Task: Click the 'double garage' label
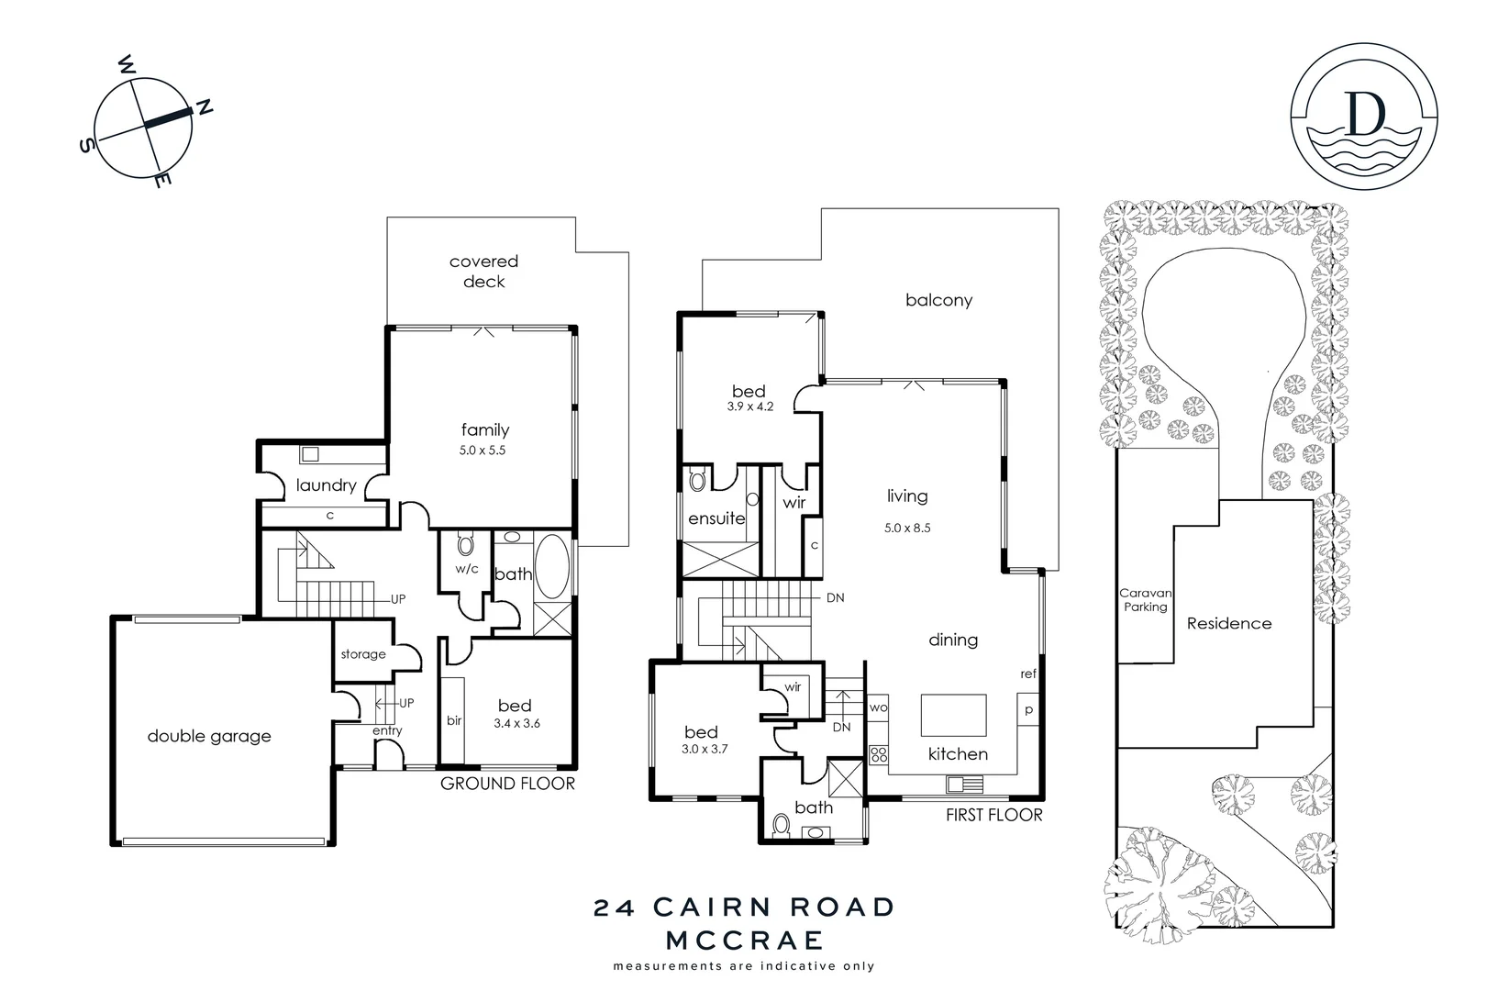coord(209,736)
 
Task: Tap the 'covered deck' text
coord(483,272)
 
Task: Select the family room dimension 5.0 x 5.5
coord(483,451)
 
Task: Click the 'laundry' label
coord(326,485)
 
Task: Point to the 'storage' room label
coord(363,654)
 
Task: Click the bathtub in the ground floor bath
coord(553,567)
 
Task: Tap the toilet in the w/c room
coord(466,545)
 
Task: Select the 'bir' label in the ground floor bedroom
coord(454,721)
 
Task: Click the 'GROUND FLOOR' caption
coord(507,784)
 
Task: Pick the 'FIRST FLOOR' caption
coord(994,815)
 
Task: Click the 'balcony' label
coord(938,300)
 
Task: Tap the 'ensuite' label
coord(716,518)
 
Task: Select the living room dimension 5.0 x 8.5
coord(907,528)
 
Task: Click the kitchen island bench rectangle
coord(953,715)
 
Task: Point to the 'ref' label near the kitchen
coord(1028,674)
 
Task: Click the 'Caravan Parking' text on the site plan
coord(1145,600)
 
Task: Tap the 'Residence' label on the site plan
coord(1229,623)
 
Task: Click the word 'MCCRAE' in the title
coord(744,941)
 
